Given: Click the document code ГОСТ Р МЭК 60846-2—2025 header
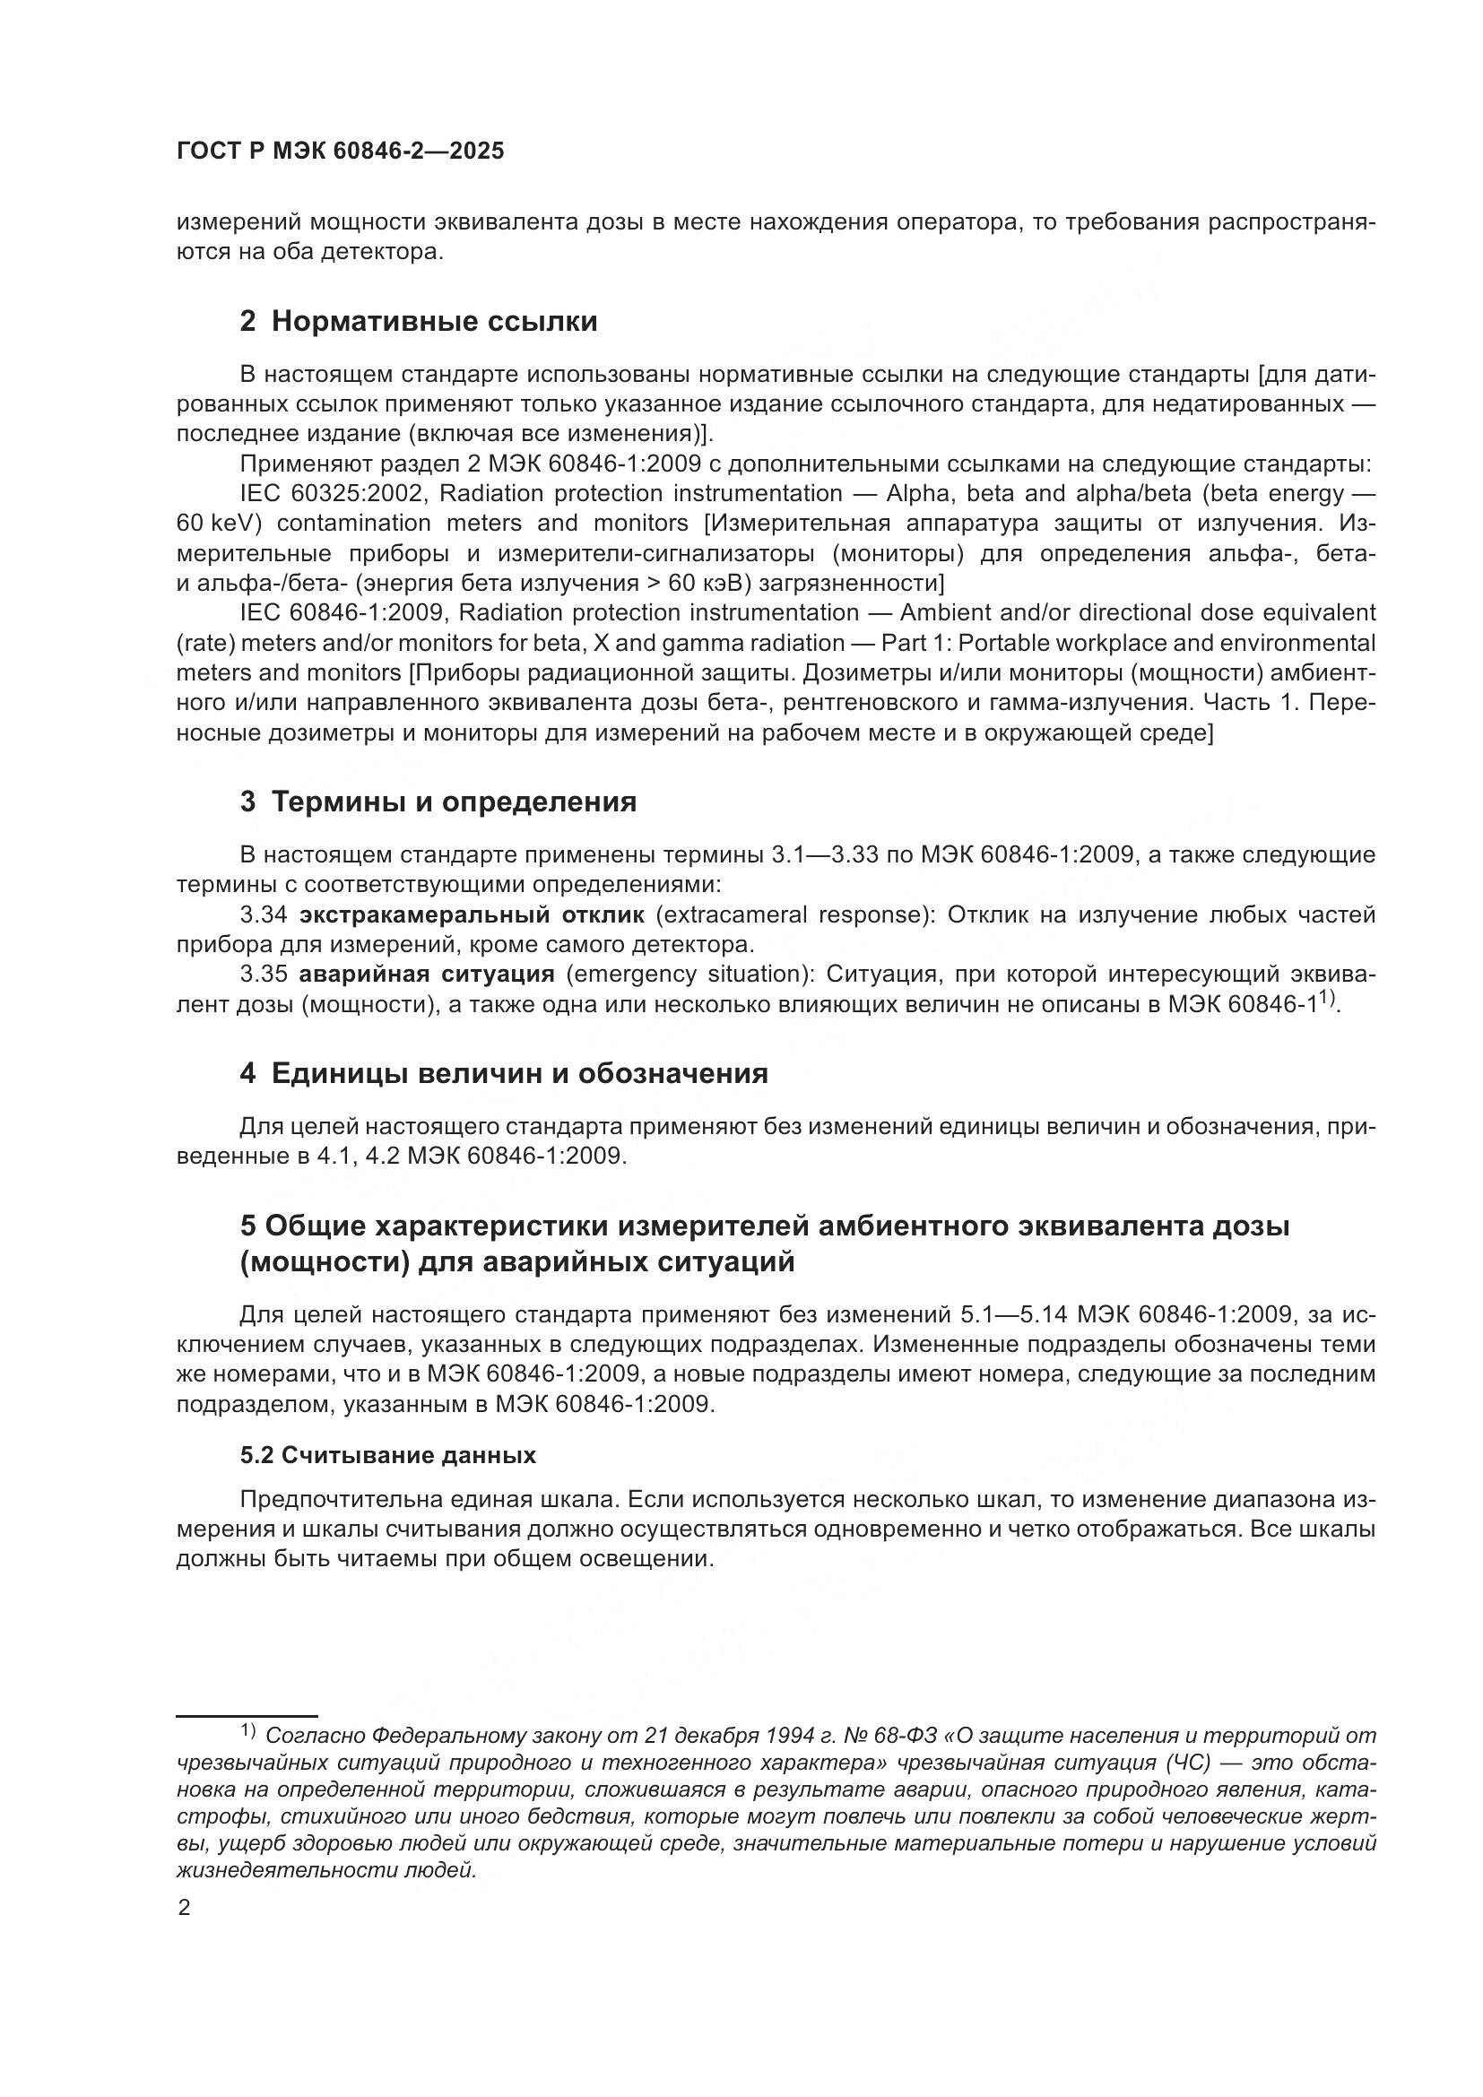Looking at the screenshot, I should [340, 152].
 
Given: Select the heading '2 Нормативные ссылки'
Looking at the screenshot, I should [418, 322].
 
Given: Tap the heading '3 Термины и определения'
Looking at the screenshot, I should [438, 802].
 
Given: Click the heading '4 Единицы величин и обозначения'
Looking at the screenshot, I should [503, 1073].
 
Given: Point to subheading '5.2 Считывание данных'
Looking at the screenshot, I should [388, 1455].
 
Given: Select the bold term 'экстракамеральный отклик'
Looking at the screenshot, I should [472, 915].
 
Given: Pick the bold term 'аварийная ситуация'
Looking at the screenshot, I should [427, 975].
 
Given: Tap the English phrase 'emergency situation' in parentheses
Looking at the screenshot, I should [689, 975].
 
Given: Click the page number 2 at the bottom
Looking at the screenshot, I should [185, 1908].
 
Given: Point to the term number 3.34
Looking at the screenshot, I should [263, 915].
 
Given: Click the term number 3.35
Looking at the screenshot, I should [263, 975].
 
